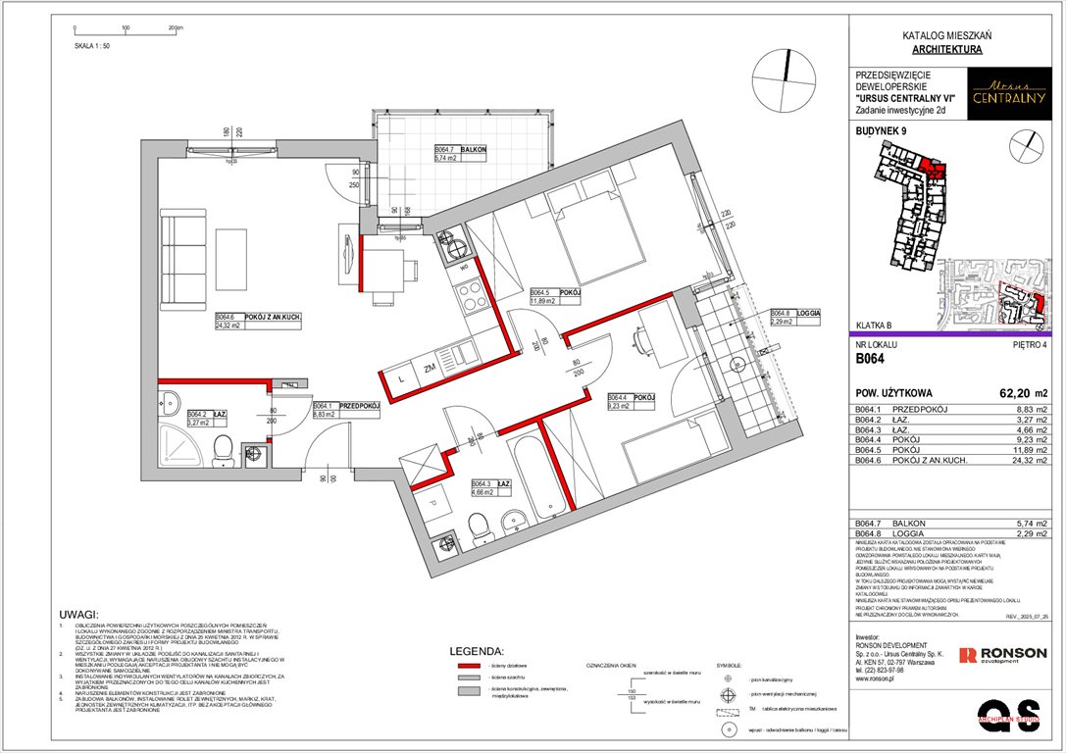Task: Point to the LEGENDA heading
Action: click(476, 651)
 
